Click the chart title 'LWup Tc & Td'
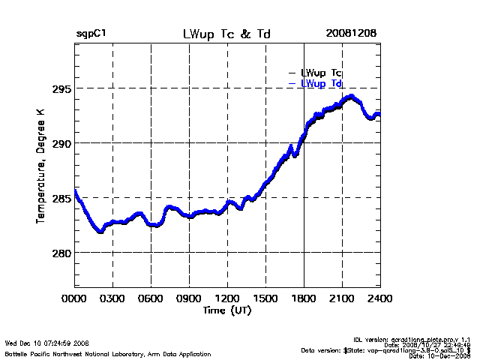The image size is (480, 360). tap(226, 34)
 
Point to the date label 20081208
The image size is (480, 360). tap(351, 34)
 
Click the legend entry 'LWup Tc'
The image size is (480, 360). tap(321, 73)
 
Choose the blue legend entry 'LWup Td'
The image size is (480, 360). tap(321, 83)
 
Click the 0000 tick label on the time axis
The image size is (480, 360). tap(75, 300)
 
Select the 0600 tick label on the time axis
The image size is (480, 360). tap(151, 300)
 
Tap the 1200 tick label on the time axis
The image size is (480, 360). tap(227, 300)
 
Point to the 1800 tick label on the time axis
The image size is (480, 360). tap(304, 300)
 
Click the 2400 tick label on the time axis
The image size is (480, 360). tap(379, 300)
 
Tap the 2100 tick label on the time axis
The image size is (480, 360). tap(342, 300)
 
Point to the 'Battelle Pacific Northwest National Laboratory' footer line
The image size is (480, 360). tap(108, 353)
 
